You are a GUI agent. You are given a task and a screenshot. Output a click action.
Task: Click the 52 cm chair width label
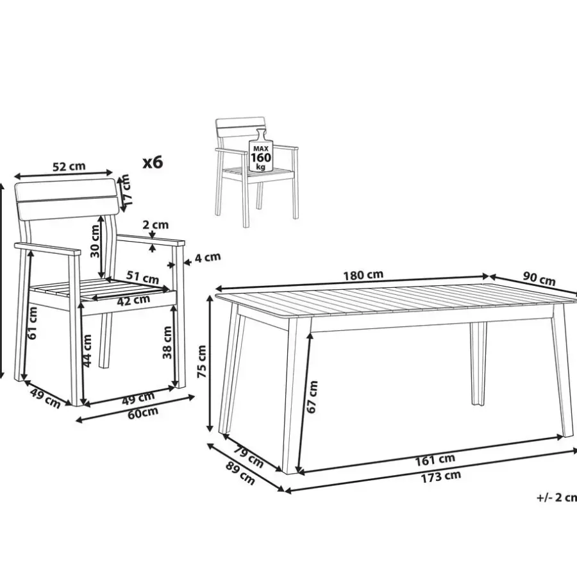[69, 166]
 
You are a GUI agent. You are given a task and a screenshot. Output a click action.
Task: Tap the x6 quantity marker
[153, 162]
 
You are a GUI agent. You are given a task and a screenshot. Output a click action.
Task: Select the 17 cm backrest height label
[126, 190]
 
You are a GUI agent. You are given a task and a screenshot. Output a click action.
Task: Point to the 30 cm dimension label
[95, 241]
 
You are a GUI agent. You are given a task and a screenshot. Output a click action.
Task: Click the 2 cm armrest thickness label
[155, 224]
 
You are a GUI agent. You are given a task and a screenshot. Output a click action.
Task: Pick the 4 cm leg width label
[208, 257]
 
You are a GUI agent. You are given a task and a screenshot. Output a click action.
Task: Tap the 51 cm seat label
[142, 277]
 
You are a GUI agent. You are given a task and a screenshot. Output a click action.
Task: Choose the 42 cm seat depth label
[133, 300]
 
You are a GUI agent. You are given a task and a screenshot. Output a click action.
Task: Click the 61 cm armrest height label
[33, 323]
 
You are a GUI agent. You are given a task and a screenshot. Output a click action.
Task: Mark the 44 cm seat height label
[87, 351]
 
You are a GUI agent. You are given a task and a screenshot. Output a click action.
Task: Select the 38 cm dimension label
[167, 342]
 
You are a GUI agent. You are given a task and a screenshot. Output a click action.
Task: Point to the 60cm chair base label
[143, 413]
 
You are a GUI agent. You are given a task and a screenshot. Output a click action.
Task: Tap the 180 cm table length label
[363, 275]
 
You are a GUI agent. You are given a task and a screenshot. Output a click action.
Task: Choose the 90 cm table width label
[539, 279]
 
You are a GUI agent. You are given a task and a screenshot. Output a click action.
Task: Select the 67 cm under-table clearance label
[312, 397]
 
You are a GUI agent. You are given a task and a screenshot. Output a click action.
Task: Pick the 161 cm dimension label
[435, 460]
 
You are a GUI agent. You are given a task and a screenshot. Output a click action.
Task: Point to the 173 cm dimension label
[441, 476]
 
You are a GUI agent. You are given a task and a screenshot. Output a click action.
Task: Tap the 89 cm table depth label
[240, 473]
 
